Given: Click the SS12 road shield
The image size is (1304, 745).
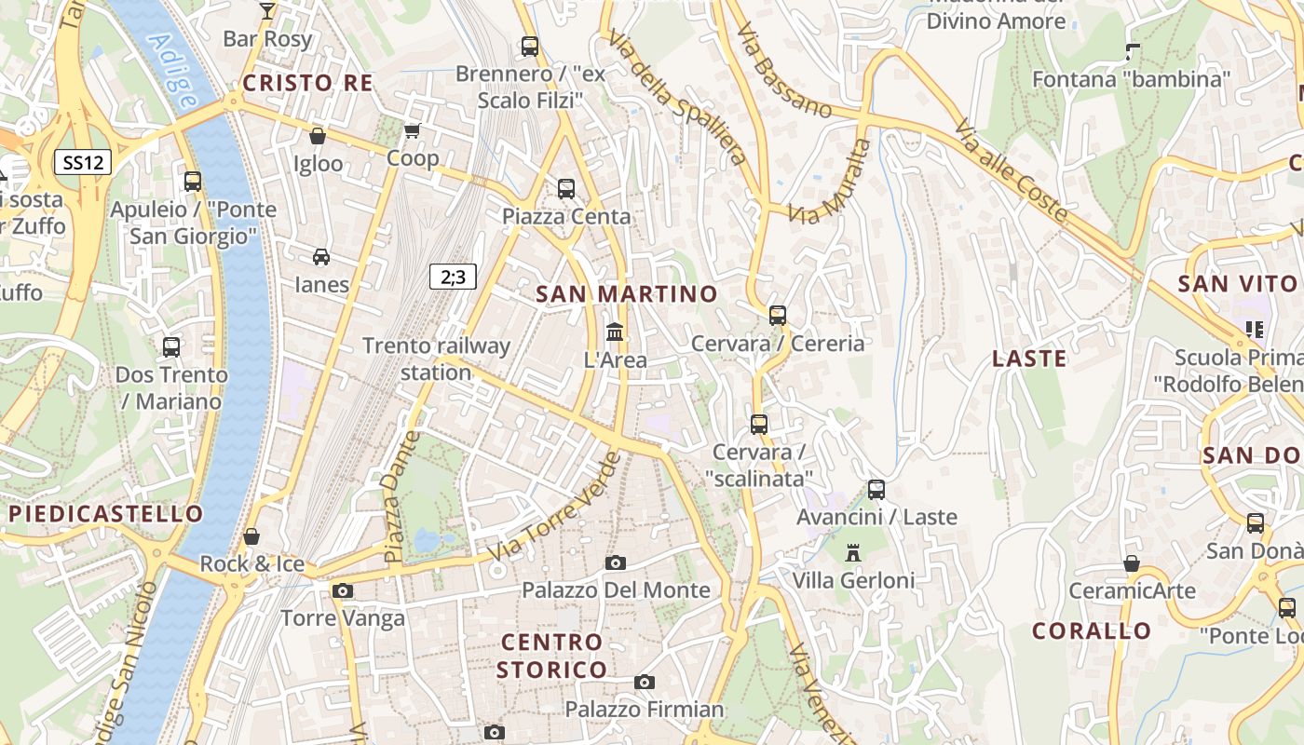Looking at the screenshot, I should pyautogui.click(x=83, y=163).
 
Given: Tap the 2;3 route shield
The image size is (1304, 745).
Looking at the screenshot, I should pyautogui.click(x=453, y=277).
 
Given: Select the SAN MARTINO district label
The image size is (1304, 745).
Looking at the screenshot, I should pyautogui.click(x=627, y=294).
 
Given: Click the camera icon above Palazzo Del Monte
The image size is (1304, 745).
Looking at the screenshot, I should pyautogui.click(x=616, y=562).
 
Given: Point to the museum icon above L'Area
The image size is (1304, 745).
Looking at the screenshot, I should pyautogui.click(x=615, y=332).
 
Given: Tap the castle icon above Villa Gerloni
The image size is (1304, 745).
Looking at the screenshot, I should pyautogui.click(x=852, y=553).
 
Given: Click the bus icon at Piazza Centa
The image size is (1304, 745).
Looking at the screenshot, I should pyautogui.click(x=566, y=189).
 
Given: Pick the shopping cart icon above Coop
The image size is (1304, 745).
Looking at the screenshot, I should pyautogui.click(x=413, y=131).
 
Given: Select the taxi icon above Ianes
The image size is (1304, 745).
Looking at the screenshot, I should pyautogui.click(x=321, y=257).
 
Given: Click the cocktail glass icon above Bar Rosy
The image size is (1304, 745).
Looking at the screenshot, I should pyautogui.click(x=267, y=11).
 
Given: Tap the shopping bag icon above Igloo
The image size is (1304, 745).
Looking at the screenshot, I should pyautogui.click(x=318, y=136).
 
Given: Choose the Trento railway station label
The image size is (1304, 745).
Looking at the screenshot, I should pyautogui.click(x=436, y=359).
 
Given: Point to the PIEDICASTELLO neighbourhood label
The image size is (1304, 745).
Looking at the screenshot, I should pyautogui.click(x=105, y=514).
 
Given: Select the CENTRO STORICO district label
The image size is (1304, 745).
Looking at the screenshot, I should pyautogui.click(x=551, y=656).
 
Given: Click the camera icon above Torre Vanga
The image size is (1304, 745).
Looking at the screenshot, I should pyautogui.click(x=343, y=590).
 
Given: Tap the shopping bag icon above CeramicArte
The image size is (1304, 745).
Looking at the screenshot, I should pyautogui.click(x=1132, y=563).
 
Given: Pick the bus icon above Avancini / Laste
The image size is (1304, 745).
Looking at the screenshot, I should pyautogui.click(x=876, y=489).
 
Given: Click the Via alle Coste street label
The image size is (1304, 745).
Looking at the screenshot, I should pyautogui.click(x=1011, y=171).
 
